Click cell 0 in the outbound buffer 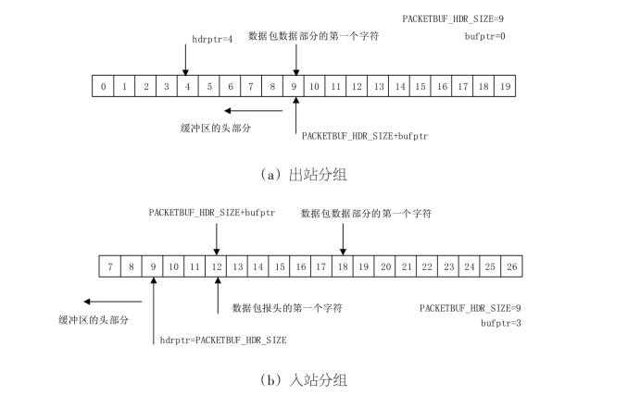coord(103,86)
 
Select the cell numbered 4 coord(187,86)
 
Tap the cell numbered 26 coord(511,266)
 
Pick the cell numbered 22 coord(427,266)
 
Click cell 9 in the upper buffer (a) coord(294,86)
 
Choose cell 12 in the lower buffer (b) coord(216,266)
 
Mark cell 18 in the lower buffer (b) coord(343,266)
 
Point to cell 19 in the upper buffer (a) coord(504,86)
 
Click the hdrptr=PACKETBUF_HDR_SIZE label coord(222,339)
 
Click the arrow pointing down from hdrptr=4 coord(186,60)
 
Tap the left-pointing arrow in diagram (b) coord(102,301)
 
